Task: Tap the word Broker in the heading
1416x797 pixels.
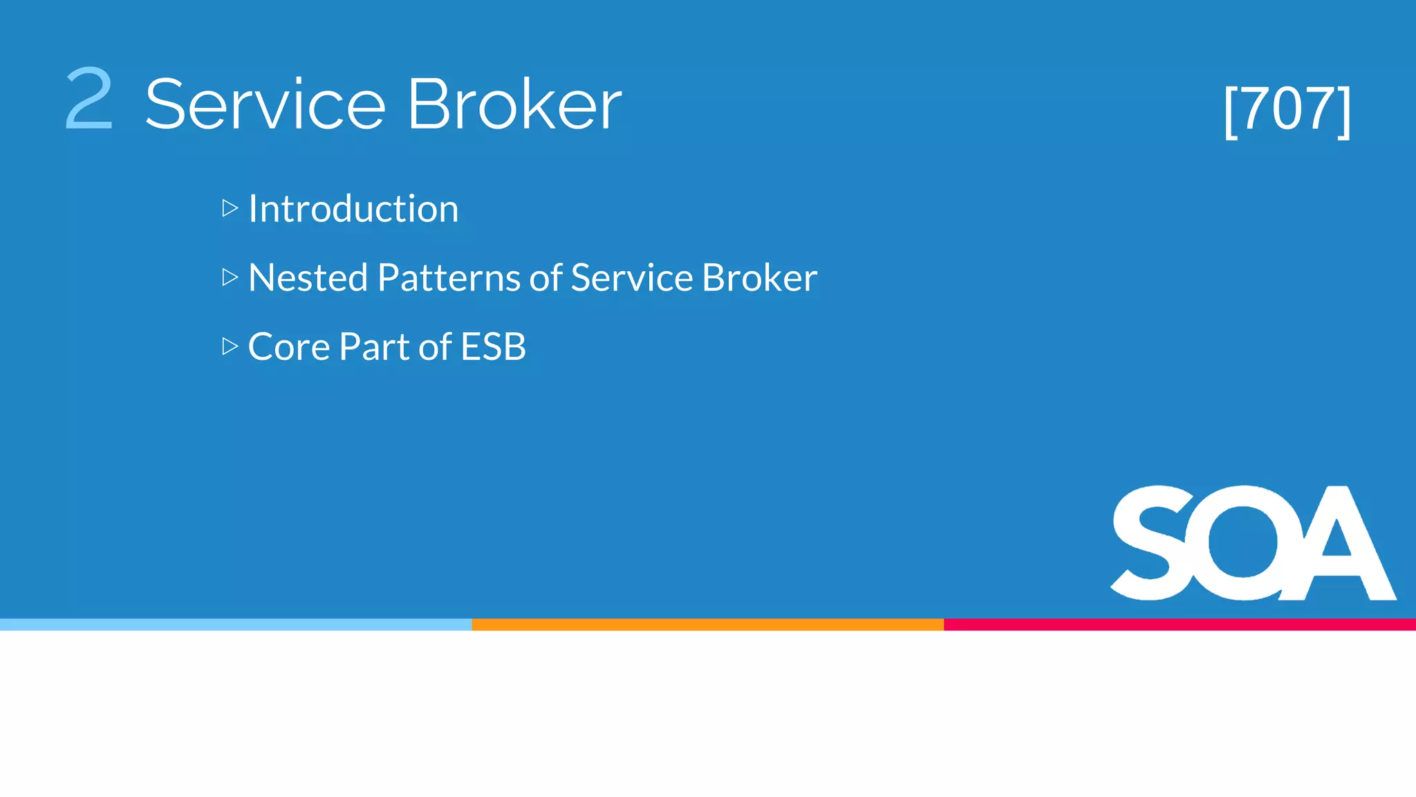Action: pos(514,104)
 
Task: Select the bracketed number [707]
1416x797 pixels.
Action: pos(1287,109)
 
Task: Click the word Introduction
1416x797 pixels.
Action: pos(353,209)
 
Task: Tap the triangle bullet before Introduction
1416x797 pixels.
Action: pos(230,208)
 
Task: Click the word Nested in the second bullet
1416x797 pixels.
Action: pos(308,278)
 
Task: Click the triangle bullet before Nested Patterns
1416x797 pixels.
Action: pos(230,277)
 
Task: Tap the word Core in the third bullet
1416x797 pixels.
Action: pos(288,347)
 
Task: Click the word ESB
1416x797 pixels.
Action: pos(493,347)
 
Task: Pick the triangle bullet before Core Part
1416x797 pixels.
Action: pos(230,346)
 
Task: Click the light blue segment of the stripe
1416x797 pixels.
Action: pos(235,625)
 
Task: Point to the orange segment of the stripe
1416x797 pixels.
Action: pos(707,625)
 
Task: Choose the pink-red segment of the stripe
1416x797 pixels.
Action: pos(1180,625)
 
